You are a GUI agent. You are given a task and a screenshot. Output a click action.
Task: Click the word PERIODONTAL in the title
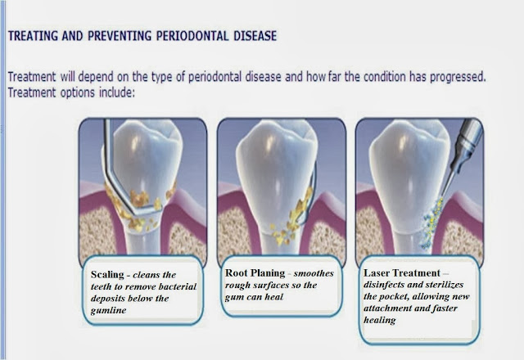click(x=192, y=36)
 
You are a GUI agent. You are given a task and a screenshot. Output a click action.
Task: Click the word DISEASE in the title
click(x=255, y=36)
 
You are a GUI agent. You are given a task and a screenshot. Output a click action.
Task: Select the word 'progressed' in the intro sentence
click(x=458, y=77)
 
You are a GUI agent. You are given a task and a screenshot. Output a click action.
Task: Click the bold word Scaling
click(x=107, y=275)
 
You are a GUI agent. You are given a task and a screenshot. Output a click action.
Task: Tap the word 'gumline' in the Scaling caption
click(x=108, y=311)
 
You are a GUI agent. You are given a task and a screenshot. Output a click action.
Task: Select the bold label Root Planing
click(x=255, y=272)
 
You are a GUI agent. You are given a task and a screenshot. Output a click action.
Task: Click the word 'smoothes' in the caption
click(x=314, y=273)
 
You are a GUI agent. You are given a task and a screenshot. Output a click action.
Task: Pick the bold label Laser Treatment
click(x=402, y=272)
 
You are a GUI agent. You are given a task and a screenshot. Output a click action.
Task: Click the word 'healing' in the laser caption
click(x=380, y=320)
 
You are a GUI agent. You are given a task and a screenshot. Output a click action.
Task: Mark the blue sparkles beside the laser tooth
click(x=431, y=223)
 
